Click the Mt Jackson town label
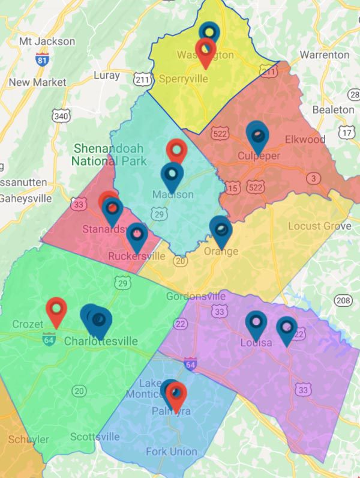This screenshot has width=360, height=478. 47,41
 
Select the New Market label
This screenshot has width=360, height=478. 37,82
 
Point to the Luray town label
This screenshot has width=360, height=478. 107,76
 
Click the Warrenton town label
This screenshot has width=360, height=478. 324,55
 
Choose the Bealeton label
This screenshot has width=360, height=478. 333,110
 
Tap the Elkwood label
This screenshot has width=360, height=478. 305,139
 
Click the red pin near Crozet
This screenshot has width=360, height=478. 56,310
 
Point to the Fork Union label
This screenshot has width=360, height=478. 172,452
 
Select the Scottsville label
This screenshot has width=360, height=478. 95,437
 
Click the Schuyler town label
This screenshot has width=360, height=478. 28,440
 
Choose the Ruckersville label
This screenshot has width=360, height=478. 137,256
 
